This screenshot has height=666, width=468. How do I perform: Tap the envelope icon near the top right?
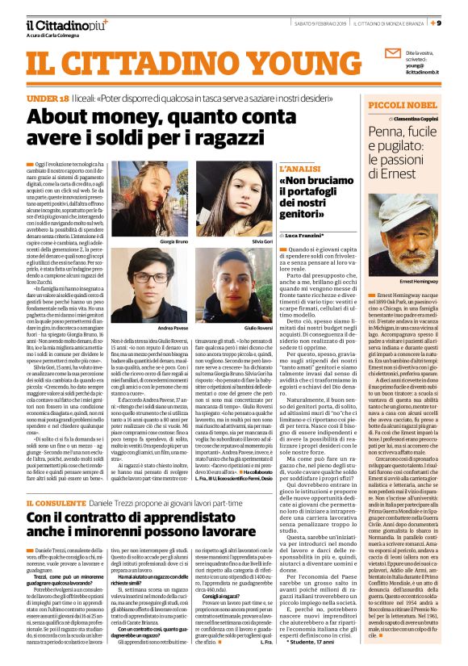[393, 53]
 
